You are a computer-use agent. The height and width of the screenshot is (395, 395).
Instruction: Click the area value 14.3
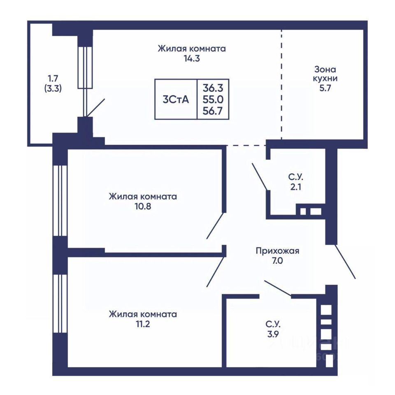192,59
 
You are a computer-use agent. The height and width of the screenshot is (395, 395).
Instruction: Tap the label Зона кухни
325,74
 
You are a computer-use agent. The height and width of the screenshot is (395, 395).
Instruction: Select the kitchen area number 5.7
325,88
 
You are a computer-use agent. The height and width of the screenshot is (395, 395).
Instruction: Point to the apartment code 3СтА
176,100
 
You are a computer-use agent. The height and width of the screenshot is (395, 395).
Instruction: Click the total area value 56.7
213,111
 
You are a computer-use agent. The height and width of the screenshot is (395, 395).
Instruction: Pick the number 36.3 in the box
213,88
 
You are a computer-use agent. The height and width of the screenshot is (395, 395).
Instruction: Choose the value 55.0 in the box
213,100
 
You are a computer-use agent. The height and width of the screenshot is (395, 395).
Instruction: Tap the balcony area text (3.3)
53,88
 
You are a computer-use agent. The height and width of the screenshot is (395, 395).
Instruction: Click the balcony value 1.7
53,79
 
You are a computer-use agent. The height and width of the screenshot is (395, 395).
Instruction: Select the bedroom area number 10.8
143,207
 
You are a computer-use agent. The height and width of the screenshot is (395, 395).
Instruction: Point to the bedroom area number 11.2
143,324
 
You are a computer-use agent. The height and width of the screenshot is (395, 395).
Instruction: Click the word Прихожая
278,251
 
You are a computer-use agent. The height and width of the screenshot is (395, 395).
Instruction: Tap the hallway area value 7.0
277,261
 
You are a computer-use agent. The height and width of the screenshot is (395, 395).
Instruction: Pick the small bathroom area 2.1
296,187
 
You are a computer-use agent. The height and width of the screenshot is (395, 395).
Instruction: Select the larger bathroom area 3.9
273,334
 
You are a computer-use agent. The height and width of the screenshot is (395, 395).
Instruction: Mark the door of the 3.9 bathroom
278,288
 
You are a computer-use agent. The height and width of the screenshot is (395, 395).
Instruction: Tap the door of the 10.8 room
215,226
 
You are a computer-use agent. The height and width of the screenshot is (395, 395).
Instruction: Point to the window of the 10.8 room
60,200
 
